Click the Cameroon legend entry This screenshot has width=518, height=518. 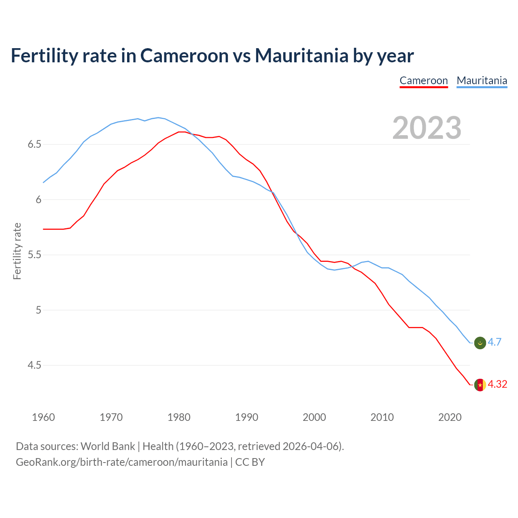[424, 81]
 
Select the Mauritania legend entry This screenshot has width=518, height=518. [482, 81]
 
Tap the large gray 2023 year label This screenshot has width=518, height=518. [427, 128]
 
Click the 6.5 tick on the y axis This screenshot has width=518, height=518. [34, 144]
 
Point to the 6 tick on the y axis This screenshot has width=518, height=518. [38, 200]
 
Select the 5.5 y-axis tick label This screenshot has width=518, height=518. [34, 255]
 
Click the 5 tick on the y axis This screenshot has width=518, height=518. [38, 310]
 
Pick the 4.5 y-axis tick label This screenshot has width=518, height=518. [34, 365]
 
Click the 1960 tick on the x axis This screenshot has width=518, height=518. [43, 417]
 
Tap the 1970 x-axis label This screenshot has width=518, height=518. [111, 417]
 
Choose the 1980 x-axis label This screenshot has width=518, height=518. [179, 417]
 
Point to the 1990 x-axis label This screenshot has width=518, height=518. [246, 417]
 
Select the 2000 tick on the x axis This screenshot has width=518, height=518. [314, 417]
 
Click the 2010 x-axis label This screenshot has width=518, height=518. [382, 417]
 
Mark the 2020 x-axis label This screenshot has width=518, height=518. [450, 417]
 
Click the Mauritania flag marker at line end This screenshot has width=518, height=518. [480, 343]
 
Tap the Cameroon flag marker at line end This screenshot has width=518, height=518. [480, 385]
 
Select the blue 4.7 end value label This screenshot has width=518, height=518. [495, 342]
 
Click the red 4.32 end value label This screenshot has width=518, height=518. [497, 384]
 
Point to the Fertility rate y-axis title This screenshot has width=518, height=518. [17, 251]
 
